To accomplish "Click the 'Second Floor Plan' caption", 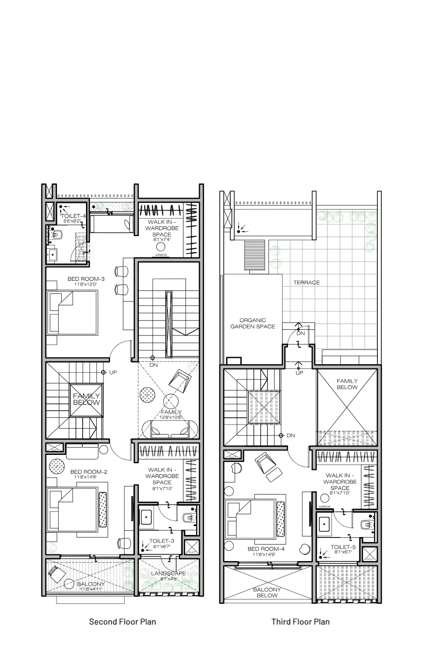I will point(122,621).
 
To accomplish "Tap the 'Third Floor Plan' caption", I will point(300,621).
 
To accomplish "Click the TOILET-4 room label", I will point(73,216).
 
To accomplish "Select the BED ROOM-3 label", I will point(86,279).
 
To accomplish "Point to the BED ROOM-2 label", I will point(89,472).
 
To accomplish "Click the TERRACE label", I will point(307,282).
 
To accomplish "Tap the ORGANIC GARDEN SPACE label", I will point(253,323).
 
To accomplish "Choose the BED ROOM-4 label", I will point(266,549).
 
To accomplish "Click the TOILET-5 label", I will point(343,547).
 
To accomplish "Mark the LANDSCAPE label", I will point(168,573).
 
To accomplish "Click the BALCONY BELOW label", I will point(267,592).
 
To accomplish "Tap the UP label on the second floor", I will point(113,373).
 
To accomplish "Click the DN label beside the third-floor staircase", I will point(291,435).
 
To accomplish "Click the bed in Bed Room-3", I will point(72,312).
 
